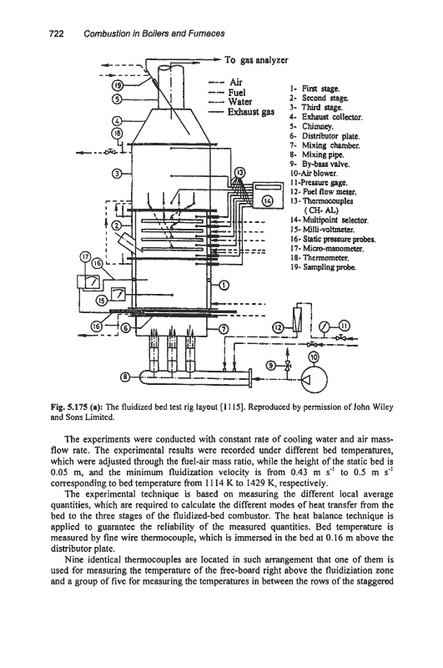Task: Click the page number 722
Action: tap(57, 33)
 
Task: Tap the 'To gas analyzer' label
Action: tap(257, 60)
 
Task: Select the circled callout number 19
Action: tap(118, 85)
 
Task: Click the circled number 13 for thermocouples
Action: tap(241, 173)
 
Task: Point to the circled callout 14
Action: tap(268, 201)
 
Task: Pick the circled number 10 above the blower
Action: tap(314, 357)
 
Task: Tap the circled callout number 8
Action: tap(125, 377)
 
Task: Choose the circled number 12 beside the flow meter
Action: tap(278, 327)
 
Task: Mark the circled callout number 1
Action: tap(224, 285)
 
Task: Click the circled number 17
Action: tap(86, 256)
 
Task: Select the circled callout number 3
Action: tap(117, 174)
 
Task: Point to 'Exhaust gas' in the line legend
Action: tap(250, 113)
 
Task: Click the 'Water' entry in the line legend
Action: tap(240, 102)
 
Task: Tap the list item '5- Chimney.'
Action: tap(312, 127)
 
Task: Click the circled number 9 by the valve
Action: tap(271, 365)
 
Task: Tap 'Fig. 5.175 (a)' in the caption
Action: tap(77, 407)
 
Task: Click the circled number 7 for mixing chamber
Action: tap(224, 328)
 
